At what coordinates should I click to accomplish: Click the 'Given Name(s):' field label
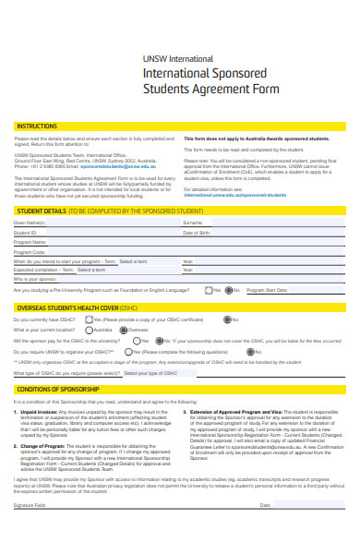(29, 223)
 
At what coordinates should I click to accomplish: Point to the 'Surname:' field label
(193, 223)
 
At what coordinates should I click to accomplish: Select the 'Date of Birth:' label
(197, 233)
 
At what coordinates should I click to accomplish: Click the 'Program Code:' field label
(30, 251)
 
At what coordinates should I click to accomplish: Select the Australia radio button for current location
(90, 330)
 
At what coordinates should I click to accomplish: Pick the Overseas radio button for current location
(124, 330)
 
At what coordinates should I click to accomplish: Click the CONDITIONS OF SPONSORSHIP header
(61, 390)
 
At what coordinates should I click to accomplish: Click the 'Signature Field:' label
(30, 532)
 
